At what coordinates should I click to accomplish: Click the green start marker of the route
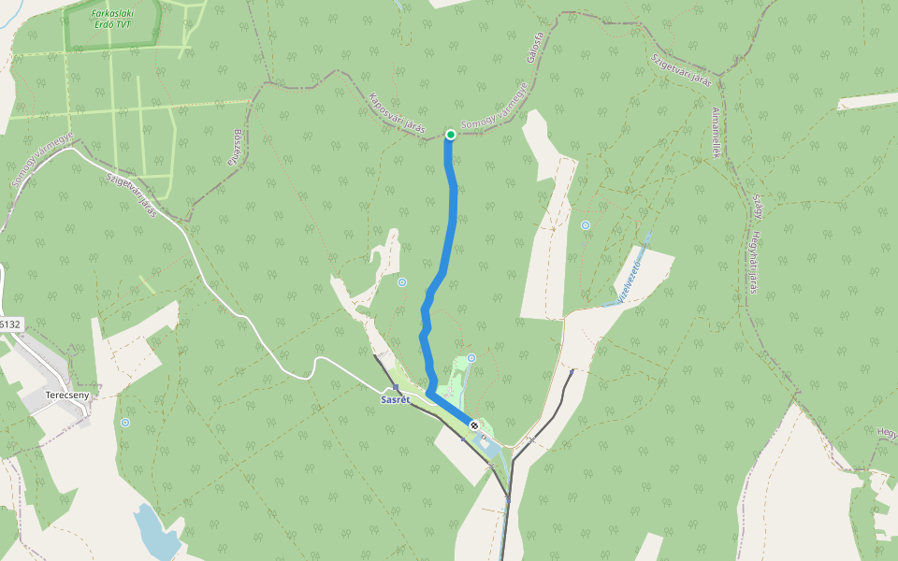tap(450, 135)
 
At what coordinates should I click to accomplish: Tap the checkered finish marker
tap(474, 425)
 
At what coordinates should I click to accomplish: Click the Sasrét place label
tap(395, 399)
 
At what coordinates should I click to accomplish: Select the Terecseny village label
tap(66, 396)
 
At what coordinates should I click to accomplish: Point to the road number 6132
tap(9, 324)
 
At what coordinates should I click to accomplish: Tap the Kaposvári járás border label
tap(397, 111)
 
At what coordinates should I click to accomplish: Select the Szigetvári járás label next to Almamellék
tap(681, 69)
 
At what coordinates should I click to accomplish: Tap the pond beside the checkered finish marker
tap(487, 448)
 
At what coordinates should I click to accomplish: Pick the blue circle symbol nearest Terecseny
tap(125, 423)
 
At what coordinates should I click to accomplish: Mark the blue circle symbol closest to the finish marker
tap(471, 357)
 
